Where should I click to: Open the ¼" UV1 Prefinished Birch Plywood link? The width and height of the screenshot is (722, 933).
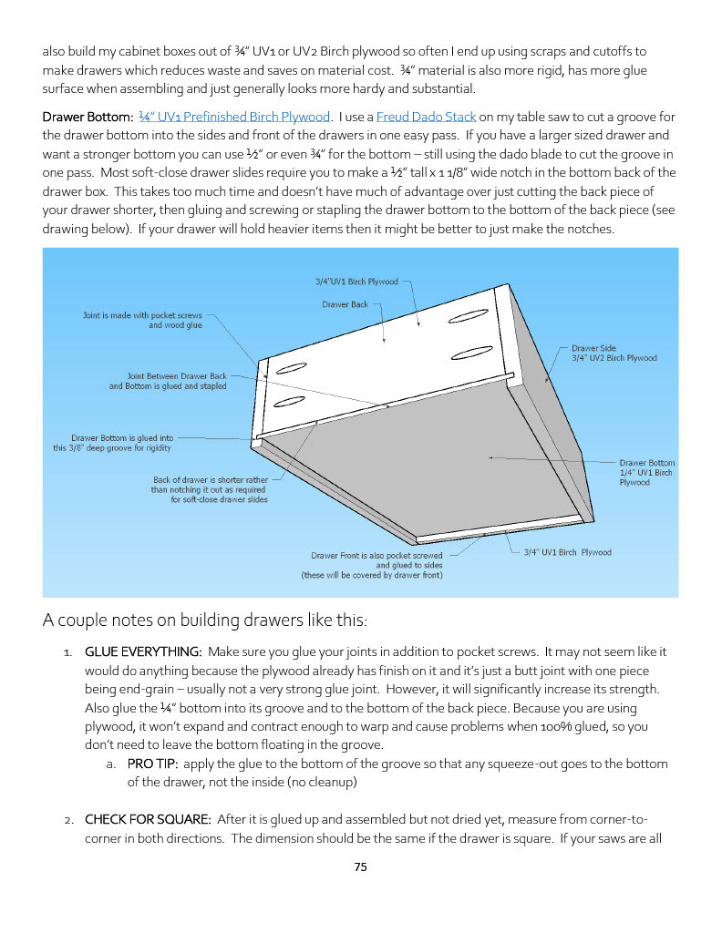234,117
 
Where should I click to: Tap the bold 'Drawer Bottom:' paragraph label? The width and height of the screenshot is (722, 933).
88,117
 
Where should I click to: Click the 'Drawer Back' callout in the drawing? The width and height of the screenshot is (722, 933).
345,304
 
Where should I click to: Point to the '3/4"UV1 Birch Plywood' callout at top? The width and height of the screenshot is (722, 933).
350,282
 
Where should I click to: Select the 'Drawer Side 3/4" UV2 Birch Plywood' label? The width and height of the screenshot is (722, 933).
614,353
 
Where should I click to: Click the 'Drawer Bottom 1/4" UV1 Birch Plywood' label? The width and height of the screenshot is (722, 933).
646,472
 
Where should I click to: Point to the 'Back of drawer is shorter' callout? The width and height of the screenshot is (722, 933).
210,489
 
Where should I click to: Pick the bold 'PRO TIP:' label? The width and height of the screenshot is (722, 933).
152,764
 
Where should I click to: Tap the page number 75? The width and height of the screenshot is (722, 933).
360,867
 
